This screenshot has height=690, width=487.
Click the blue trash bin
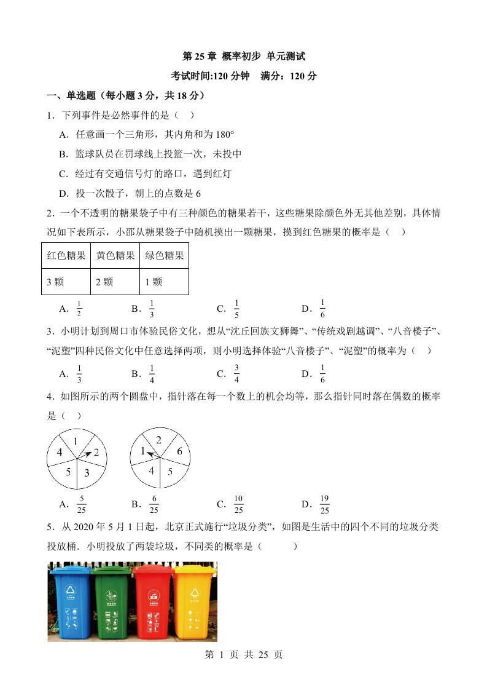coord(71,603)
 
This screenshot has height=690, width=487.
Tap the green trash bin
coord(112,603)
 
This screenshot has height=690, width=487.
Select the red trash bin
coord(152,603)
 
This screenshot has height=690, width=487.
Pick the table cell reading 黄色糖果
coord(115,256)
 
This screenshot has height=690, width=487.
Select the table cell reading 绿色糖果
coord(164,256)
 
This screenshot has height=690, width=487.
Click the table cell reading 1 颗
coord(164,282)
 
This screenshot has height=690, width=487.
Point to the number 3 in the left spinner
coord(87,472)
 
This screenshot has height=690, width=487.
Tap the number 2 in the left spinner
coord(96,452)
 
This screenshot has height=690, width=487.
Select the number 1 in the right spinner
coord(142,451)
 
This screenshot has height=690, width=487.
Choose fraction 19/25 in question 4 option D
coord(324,504)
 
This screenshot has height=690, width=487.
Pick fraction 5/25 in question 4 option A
coord(81,504)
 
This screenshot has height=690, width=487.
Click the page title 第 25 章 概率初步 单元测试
coord(244,57)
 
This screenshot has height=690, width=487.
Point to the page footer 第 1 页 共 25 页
coord(243,655)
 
